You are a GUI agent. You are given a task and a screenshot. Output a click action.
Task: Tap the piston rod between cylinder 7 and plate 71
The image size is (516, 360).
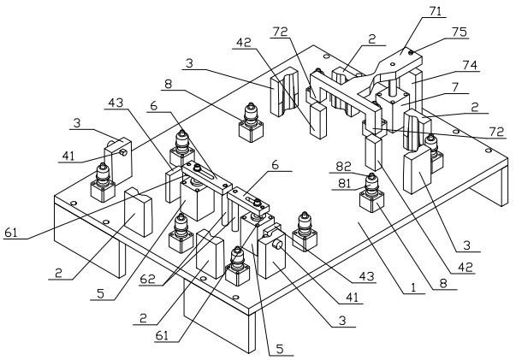coord(388,86)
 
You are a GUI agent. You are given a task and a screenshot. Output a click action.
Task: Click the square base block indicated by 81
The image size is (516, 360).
coord(371,202)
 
